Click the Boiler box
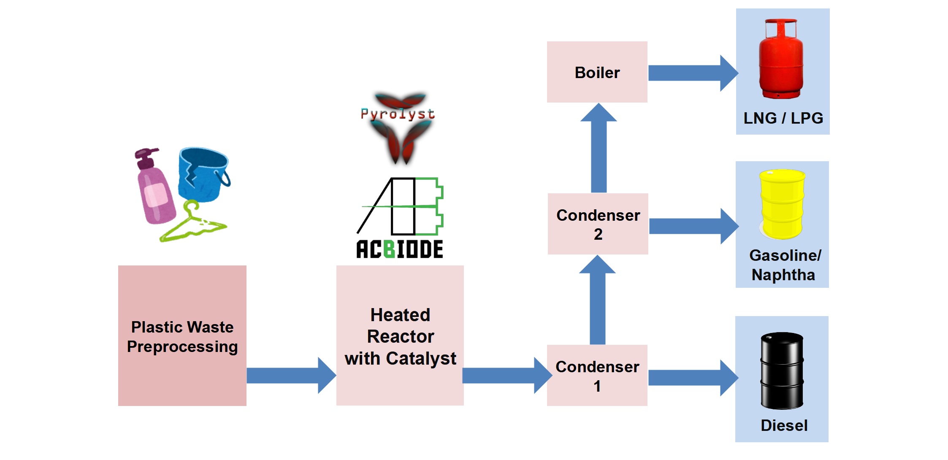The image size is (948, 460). tap(597, 72)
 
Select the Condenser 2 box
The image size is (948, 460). tap(598, 224)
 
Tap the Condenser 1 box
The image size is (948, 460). tap(597, 376)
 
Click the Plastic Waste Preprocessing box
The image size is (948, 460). tap(182, 336)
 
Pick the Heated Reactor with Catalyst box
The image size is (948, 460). tap(400, 336)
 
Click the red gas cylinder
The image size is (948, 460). tap(781, 59)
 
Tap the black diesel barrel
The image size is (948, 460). tap(782, 371)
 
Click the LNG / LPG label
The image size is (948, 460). tap(783, 118)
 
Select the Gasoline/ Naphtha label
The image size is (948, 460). tap(784, 265)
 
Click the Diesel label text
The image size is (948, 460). tap(784, 425)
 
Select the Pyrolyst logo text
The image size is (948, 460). tap(397, 114)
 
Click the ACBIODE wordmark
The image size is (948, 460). tap(399, 249)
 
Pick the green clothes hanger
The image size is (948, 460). tap(192, 224)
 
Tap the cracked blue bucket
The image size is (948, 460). tap(203, 173)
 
